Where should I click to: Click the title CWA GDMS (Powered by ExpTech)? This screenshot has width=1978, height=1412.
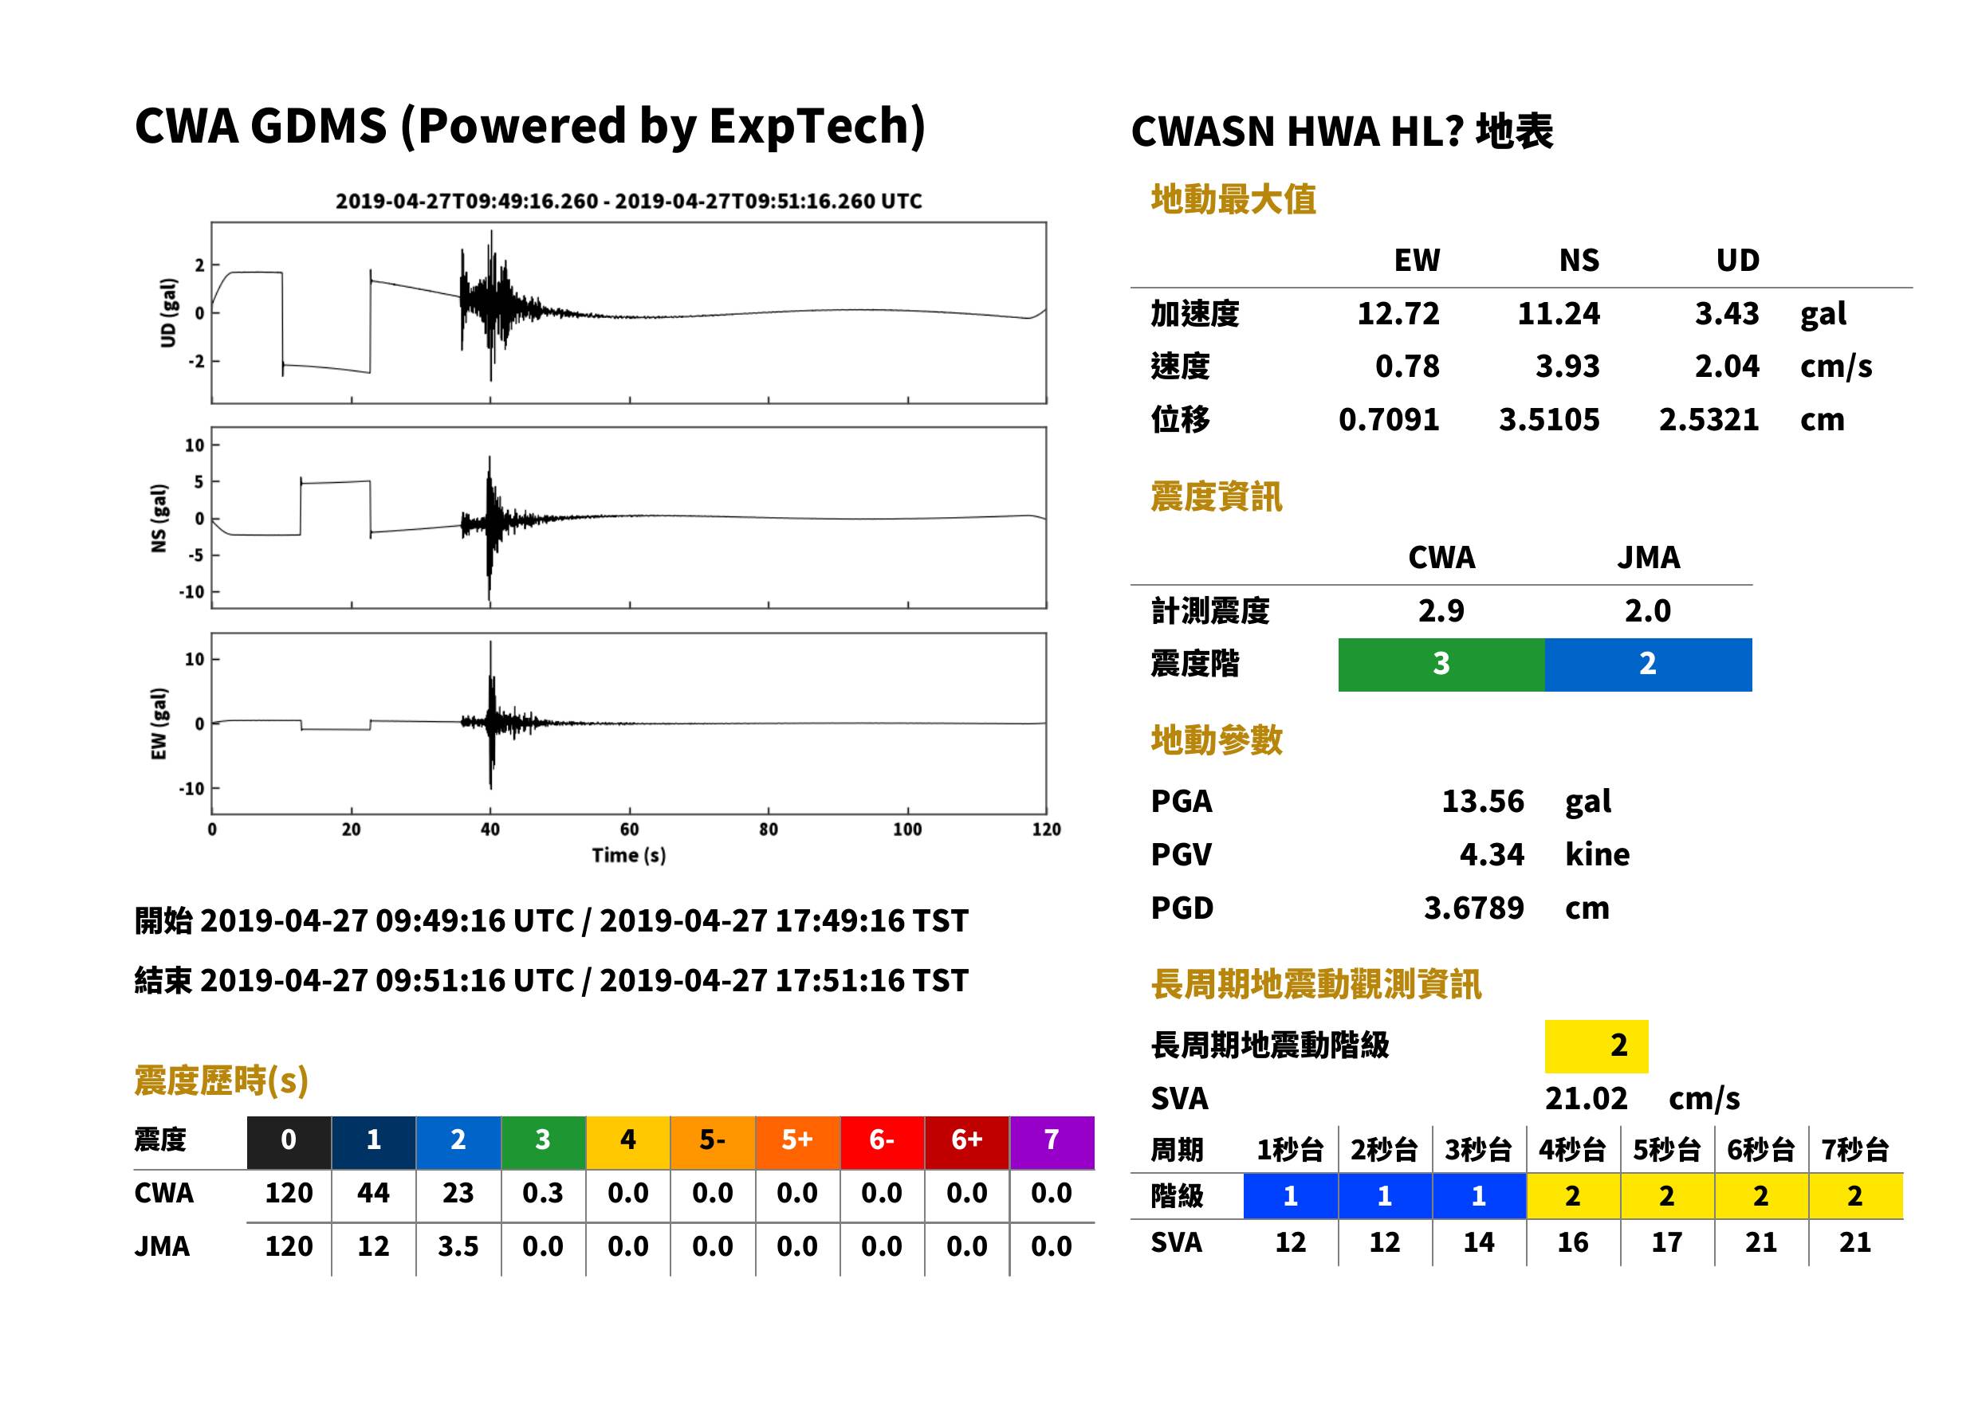click(x=529, y=127)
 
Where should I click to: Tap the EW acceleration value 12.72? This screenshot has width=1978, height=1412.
click(x=1398, y=313)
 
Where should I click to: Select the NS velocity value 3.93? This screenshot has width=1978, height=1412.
click(x=1567, y=366)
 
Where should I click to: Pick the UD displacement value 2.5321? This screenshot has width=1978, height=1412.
click(x=1709, y=419)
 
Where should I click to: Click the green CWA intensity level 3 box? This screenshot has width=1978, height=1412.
click(x=1441, y=665)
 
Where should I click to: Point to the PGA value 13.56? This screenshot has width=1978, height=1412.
click(x=1482, y=801)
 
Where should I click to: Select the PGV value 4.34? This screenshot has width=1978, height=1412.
click(x=1492, y=853)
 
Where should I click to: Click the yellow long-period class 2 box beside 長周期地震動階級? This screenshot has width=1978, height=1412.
click(x=1596, y=1046)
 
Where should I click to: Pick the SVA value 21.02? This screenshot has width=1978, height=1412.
click(x=1586, y=1098)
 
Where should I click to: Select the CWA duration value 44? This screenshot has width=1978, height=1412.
click(x=373, y=1193)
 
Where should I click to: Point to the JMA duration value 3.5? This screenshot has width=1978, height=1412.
click(x=458, y=1246)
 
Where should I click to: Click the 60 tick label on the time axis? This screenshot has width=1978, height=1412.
click(x=629, y=830)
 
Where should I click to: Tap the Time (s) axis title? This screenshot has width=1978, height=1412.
click(x=629, y=856)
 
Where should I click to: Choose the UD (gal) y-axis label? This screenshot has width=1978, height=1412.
click(x=168, y=313)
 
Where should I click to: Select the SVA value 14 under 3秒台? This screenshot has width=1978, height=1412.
click(x=1479, y=1241)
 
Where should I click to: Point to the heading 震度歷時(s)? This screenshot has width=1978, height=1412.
click(x=222, y=1081)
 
